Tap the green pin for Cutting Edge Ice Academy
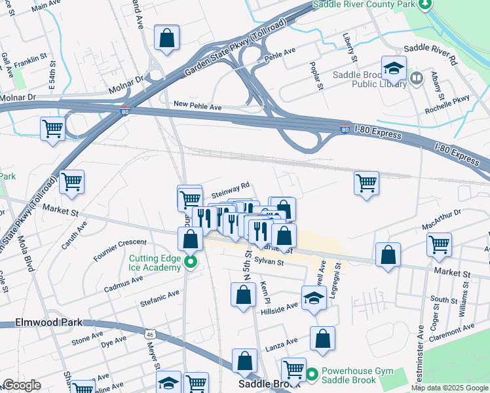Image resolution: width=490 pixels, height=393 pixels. pyautogui.click(x=191, y=263)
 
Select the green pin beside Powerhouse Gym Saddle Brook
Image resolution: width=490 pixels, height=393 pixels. pyautogui.click(x=312, y=375)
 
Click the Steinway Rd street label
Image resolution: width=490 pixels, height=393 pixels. pyautogui.click(x=231, y=187)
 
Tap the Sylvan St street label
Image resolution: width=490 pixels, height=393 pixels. pyautogui.click(x=269, y=261)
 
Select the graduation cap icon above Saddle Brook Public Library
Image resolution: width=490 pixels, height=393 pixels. pyautogui.click(x=394, y=68)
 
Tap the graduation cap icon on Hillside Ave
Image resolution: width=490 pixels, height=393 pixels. pyautogui.click(x=314, y=297)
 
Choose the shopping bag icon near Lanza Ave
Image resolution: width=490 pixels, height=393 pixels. pyautogui.click(x=322, y=339)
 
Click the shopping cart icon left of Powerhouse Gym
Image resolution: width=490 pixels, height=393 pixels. pyautogui.click(x=293, y=370)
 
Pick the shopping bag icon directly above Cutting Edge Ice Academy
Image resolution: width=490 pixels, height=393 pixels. pyautogui.click(x=190, y=239)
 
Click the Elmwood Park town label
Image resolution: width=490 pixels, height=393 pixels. pyautogui.click(x=40, y=322)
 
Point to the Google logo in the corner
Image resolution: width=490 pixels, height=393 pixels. pyautogui.click(x=22, y=385)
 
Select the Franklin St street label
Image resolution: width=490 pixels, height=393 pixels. pyautogui.click(x=29, y=60)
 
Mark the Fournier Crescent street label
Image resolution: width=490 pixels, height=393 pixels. pyautogui.click(x=120, y=250)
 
